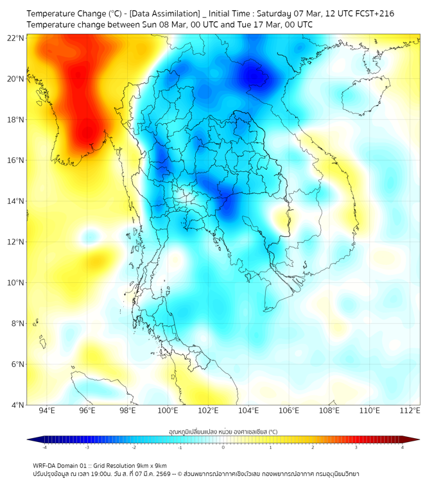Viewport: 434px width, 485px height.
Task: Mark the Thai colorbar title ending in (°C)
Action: point(223,431)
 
